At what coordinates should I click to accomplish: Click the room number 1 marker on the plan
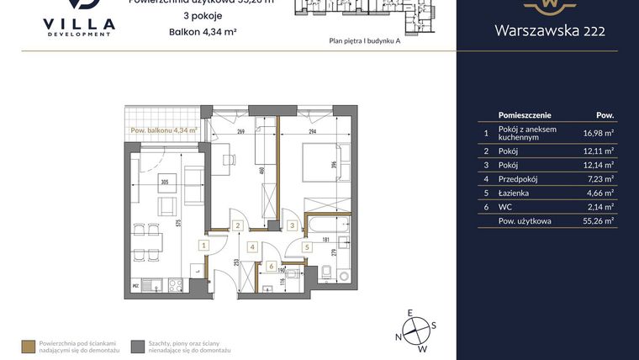pos(203,246)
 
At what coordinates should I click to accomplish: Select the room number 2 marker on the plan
pos(239,225)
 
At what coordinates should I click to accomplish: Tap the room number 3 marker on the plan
pos(291,225)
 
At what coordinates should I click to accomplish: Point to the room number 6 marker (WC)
pos(271,267)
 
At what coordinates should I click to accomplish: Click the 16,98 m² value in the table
pos(599,131)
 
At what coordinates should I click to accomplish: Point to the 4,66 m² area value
pos(599,193)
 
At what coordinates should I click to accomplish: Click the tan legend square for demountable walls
pos(28,345)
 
